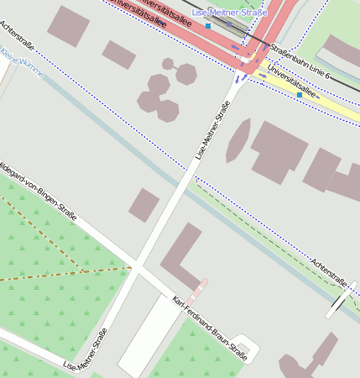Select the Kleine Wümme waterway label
(x=22, y=65)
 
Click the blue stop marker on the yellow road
(x=300, y=95)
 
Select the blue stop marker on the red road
(x=208, y=26)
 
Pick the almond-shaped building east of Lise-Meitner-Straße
(x=238, y=139)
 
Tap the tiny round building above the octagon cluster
(x=168, y=64)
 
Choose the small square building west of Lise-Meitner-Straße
(x=144, y=205)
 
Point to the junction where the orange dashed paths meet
(x=85, y=271)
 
